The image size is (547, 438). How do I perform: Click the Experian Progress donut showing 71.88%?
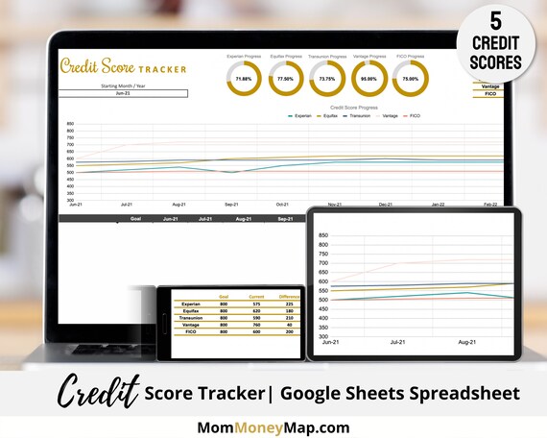point(244,78)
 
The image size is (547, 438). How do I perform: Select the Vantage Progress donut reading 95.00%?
point(369,78)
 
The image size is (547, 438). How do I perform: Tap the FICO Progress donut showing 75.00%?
point(410,78)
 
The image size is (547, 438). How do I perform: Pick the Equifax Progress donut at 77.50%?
point(285,78)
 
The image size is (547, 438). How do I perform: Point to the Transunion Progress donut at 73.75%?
point(327,78)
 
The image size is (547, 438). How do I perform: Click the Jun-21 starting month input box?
point(123,93)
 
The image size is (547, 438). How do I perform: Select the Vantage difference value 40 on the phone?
point(288,325)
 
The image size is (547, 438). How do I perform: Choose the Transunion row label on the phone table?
point(192,318)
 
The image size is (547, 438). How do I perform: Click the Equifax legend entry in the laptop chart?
point(330,115)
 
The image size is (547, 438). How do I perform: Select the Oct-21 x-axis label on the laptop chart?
point(282,205)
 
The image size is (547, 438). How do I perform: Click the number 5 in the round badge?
point(495,20)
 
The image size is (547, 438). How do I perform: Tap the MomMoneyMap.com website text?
point(273,427)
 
